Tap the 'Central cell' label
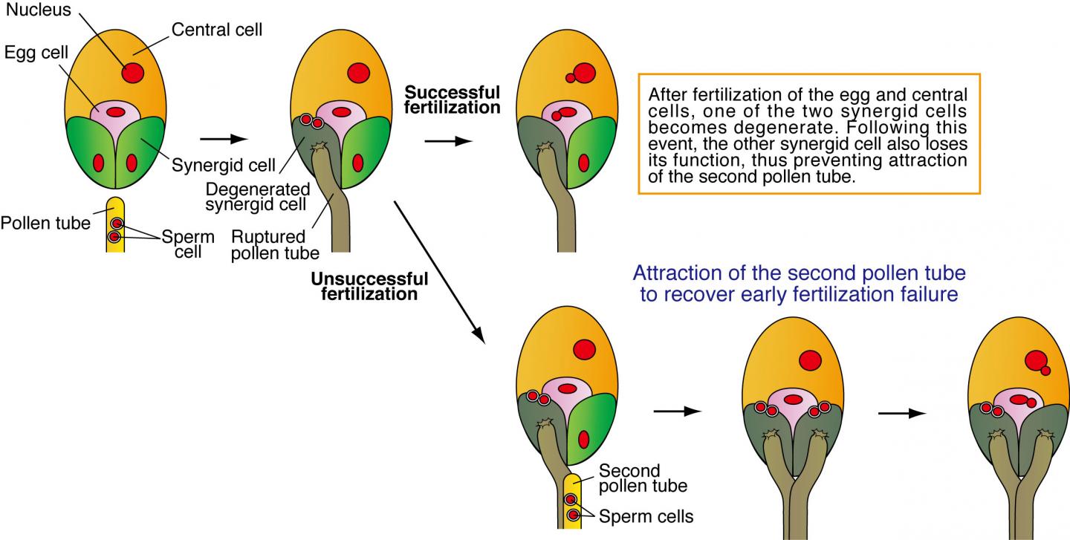[217, 30]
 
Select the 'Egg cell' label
[32, 54]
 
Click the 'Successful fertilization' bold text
[452, 100]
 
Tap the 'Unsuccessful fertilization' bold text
[370, 286]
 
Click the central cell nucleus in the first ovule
[133, 73]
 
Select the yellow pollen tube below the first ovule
[114, 227]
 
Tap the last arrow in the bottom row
[902, 412]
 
